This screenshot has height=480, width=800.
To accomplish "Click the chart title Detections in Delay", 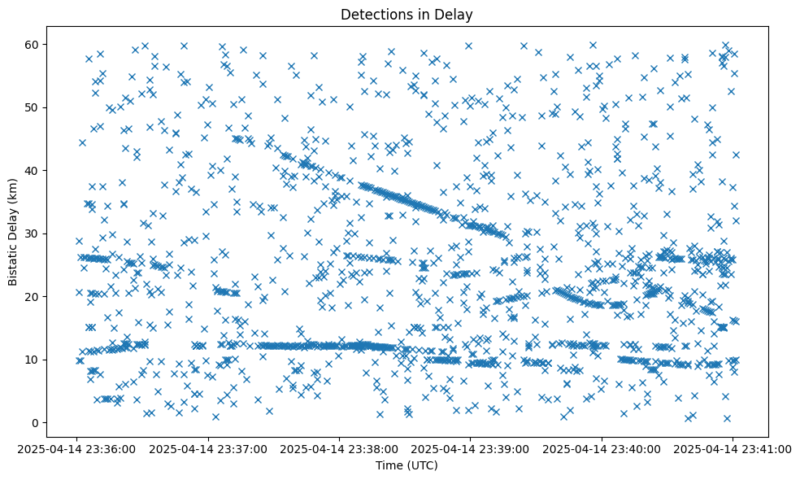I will pyautogui.click(x=407, y=14).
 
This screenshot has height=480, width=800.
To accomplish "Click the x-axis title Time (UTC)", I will pyautogui.click(x=407, y=465).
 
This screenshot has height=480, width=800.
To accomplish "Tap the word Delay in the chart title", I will pyautogui.click(x=456, y=14).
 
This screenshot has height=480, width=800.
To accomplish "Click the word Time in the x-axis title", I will pyautogui.click(x=388, y=465).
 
